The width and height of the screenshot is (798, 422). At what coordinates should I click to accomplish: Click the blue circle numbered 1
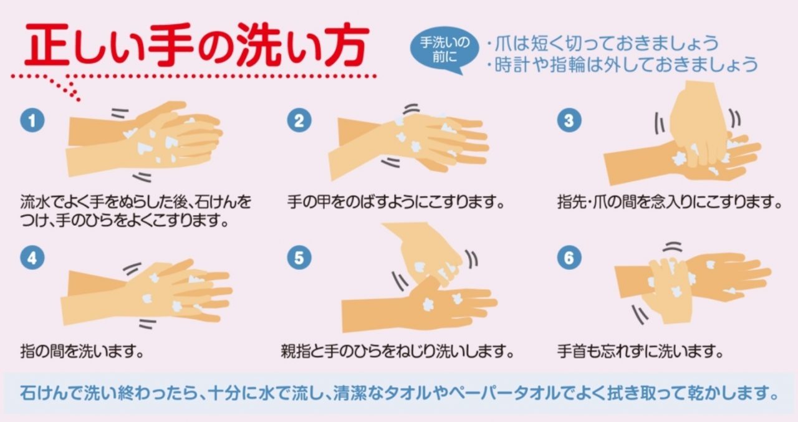click(32, 120)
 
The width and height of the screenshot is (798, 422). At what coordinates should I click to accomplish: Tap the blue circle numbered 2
click(299, 120)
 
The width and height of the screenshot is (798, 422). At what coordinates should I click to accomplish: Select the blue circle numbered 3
click(569, 120)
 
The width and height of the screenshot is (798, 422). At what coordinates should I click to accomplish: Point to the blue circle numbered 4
click(32, 257)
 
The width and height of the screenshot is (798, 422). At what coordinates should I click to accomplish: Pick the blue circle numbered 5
click(299, 257)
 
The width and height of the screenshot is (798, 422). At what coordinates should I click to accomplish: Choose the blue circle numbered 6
click(569, 257)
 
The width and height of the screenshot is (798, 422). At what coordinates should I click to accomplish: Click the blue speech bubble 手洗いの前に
click(445, 50)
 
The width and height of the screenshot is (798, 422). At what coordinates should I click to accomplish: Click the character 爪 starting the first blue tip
click(503, 43)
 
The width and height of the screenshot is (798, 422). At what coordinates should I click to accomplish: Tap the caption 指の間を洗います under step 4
click(82, 352)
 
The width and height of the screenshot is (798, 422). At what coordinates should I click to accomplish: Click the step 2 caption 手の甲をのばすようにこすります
click(396, 202)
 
